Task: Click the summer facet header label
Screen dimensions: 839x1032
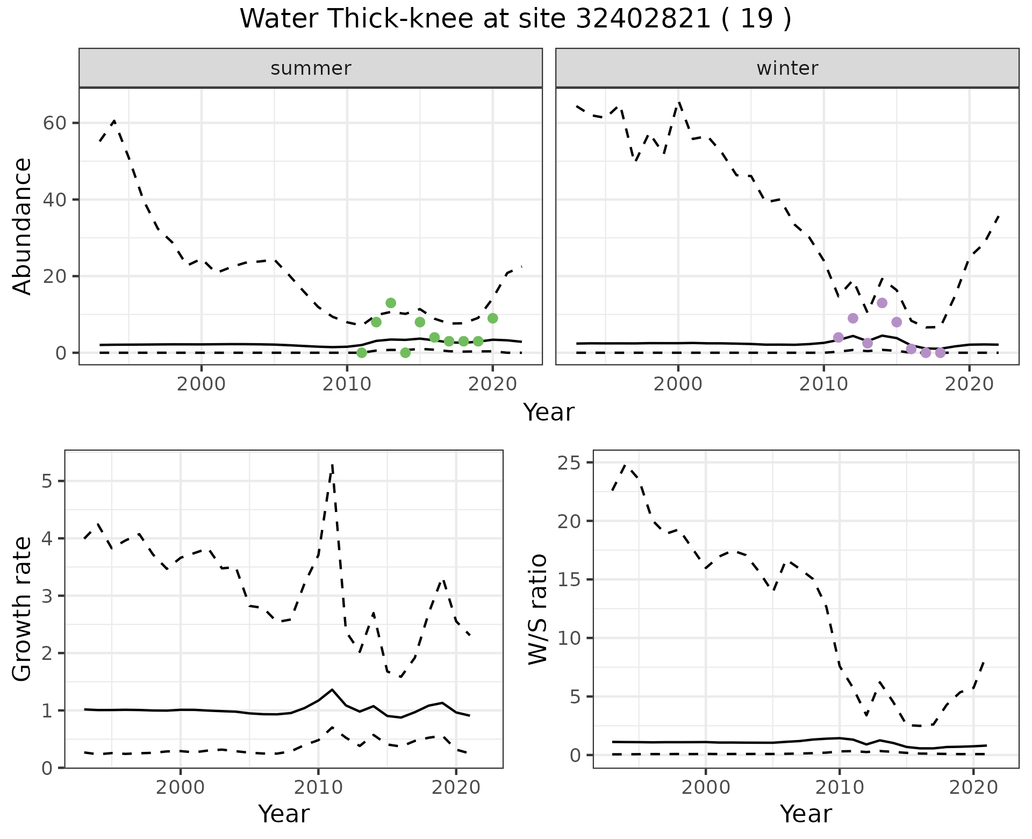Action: click(311, 68)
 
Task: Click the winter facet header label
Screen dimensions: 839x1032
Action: click(787, 68)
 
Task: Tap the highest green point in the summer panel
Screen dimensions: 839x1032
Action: click(391, 303)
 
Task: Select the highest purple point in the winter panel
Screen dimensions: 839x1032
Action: click(882, 303)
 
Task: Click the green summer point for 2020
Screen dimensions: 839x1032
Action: click(492, 318)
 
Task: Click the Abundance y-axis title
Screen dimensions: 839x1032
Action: click(23, 226)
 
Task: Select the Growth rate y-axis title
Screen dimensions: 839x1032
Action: click(23, 609)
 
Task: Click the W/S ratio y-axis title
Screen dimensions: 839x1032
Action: click(537, 609)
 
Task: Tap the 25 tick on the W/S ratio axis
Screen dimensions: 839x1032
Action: click(571, 463)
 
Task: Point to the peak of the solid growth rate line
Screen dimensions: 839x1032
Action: click(332, 689)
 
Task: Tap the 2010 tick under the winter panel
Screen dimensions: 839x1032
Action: click(823, 384)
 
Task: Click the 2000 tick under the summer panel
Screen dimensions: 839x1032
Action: click(202, 384)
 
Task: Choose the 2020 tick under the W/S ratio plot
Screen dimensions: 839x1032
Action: click(973, 787)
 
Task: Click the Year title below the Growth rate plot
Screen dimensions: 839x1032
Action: click(284, 814)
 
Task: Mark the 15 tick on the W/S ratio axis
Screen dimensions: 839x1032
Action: click(571, 580)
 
